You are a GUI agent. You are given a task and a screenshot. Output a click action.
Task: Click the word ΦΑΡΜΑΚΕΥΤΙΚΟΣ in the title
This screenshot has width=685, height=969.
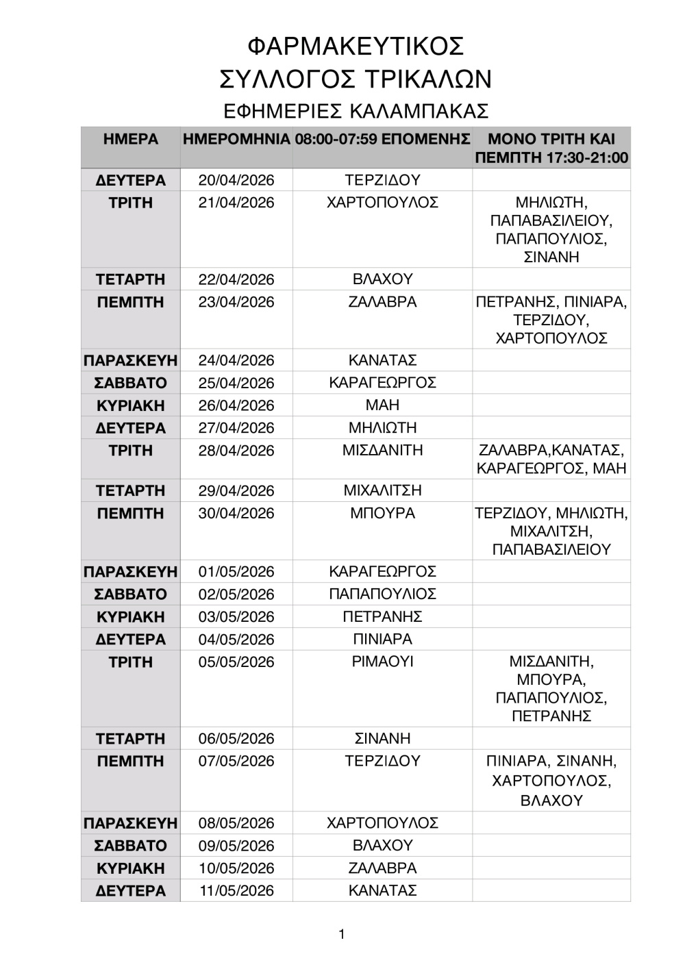(x=356, y=46)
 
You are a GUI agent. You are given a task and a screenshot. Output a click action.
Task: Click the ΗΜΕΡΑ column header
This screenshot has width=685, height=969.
(x=130, y=139)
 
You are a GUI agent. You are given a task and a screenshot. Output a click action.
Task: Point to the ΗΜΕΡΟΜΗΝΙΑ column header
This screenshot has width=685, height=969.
(x=236, y=139)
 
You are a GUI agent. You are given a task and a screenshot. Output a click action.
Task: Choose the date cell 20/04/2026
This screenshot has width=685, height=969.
(x=236, y=180)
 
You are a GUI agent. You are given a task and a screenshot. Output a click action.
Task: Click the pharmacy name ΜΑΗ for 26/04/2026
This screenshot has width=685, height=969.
(x=382, y=405)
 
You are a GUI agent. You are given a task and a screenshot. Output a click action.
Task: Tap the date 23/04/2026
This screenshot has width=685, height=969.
(x=236, y=302)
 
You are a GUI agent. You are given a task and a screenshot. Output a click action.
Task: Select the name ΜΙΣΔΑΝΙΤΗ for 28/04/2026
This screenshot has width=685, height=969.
(x=382, y=451)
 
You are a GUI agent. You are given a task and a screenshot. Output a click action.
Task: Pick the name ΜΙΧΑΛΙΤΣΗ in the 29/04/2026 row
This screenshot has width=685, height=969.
(x=382, y=490)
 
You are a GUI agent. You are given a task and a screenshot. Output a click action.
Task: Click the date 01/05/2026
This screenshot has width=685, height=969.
(x=236, y=572)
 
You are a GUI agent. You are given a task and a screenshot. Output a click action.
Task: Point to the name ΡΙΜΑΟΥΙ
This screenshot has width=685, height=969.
(x=382, y=662)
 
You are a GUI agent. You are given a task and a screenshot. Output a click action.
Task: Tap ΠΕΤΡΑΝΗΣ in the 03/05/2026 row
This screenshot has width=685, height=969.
(x=382, y=617)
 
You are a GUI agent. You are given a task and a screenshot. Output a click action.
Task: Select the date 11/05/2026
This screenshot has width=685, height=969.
(x=236, y=891)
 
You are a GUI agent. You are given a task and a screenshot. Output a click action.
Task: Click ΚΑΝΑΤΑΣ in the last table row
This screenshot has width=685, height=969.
(x=382, y=891)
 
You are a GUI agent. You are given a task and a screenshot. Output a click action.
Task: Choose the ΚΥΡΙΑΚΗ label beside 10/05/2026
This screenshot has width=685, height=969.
(x=130, y=868)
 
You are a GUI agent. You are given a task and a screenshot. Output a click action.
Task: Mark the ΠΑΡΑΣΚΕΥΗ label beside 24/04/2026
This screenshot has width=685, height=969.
(x=130, y=360)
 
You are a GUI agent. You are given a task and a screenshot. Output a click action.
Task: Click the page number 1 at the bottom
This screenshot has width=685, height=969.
(x=342, y=934)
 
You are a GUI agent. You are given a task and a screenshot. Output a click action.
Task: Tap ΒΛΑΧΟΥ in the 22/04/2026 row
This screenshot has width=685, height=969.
(x=382, y=279)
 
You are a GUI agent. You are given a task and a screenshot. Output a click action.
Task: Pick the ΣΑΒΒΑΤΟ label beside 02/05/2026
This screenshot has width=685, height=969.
(x=130, y=594)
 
